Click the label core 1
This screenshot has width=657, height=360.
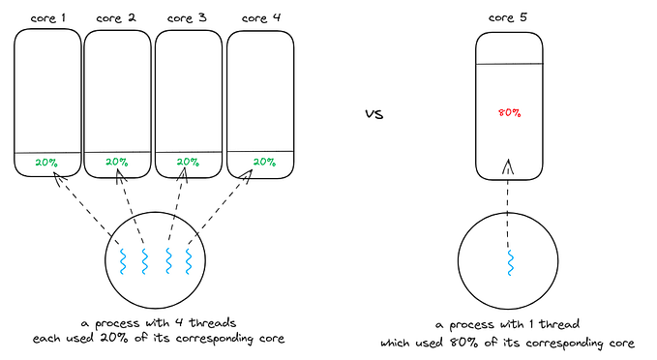(x=47, y=17)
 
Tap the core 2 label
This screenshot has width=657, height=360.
(x=118, y=17)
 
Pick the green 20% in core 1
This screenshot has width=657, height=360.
(x=46, y=163)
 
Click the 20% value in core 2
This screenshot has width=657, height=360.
(x=117, y=163)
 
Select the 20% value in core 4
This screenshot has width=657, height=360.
(x=262, y=163)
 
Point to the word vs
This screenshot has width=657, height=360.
(x=374, y=114)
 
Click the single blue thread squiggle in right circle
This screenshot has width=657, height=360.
(x=510, y=260)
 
